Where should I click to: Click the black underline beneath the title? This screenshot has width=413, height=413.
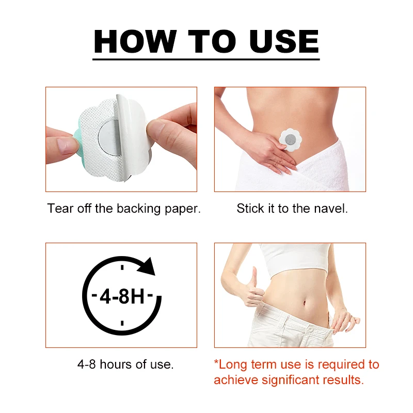206,59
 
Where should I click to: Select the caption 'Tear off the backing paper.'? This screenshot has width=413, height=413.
124,209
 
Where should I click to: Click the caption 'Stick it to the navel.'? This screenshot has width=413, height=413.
292,209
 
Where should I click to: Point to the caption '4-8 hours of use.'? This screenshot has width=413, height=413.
125,364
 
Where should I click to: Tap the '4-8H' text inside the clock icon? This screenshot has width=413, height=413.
121,297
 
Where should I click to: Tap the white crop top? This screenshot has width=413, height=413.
294,261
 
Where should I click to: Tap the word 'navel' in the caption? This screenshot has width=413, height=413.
331,209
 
